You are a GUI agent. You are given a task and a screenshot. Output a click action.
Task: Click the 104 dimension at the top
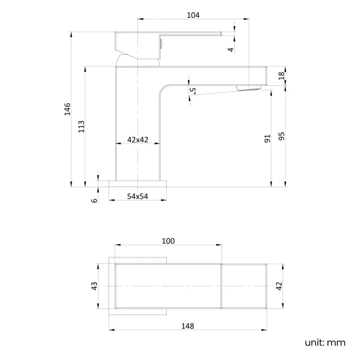(x=193, y=15)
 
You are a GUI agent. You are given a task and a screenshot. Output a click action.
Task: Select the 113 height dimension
(x=81, y=126)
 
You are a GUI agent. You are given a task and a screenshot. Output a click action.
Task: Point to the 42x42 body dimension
(x=138, y=140)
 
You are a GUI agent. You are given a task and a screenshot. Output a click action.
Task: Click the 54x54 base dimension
(x=138, y=196)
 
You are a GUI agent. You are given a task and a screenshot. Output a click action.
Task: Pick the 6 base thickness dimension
(x=94, y=200)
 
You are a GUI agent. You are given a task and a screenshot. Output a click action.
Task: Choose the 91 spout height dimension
(x=267, y=139)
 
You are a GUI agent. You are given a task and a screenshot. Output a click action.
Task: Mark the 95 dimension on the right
(x=281, y=136)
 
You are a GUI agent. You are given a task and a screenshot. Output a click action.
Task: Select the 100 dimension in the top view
(x=168, y=240)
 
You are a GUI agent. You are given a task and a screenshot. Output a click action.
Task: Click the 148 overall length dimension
(x=188, y=326)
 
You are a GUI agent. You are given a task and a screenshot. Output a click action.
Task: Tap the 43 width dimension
(x=94, y=286)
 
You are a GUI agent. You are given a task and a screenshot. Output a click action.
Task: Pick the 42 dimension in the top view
(x=279, y=286)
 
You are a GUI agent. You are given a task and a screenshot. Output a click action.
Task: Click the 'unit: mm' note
(x=325, y=342)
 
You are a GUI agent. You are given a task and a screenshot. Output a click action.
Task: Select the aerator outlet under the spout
(x=248, y=88)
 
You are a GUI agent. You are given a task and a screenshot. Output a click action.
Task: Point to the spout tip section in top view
(x=245, y=286)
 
